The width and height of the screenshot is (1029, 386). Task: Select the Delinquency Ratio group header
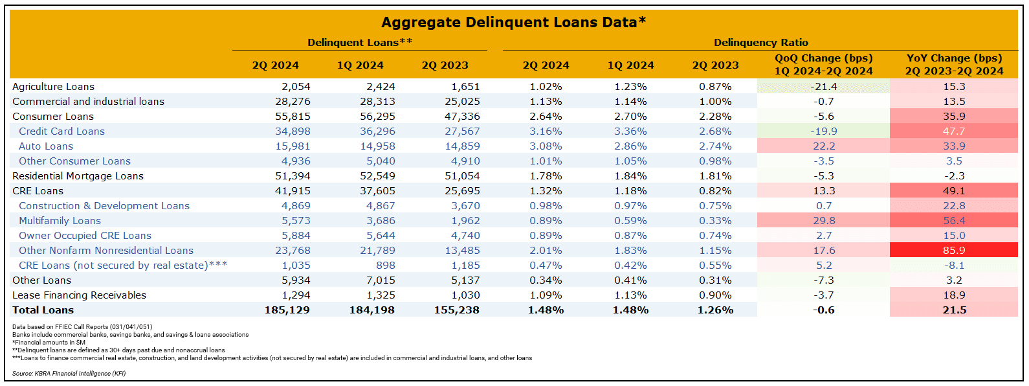tap(760, 43)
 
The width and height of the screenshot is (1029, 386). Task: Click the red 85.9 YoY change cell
tap(953, 250)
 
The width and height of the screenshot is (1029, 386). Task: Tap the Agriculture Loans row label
tap(53, 87)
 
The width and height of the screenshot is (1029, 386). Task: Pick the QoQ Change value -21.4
tap(823, 87)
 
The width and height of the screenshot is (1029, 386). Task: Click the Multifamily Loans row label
tap(60, 221)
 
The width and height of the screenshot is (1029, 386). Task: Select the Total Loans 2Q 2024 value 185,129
tap(287, 310)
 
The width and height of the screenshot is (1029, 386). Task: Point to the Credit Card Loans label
tap(61, 131)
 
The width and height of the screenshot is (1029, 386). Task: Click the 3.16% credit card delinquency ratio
tap(546, 131)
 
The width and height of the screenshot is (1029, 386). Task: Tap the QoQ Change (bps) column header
tap(823, 65)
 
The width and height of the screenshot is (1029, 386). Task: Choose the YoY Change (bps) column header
tap(954, 65)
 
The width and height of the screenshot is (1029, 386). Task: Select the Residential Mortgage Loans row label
tap(78, 176)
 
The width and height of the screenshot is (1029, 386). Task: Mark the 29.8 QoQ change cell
tap(823, 221)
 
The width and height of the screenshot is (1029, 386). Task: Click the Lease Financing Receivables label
tap(79, 295)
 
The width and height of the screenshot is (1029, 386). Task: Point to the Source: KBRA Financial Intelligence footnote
tap(69, 374)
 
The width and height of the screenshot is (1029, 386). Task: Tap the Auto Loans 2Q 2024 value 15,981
tap(293, 146)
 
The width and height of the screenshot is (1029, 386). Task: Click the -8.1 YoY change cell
tap(953, 266)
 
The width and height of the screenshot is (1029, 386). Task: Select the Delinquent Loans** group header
tap(360, 43)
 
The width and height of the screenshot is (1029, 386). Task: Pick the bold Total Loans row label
tap(43, 310)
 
